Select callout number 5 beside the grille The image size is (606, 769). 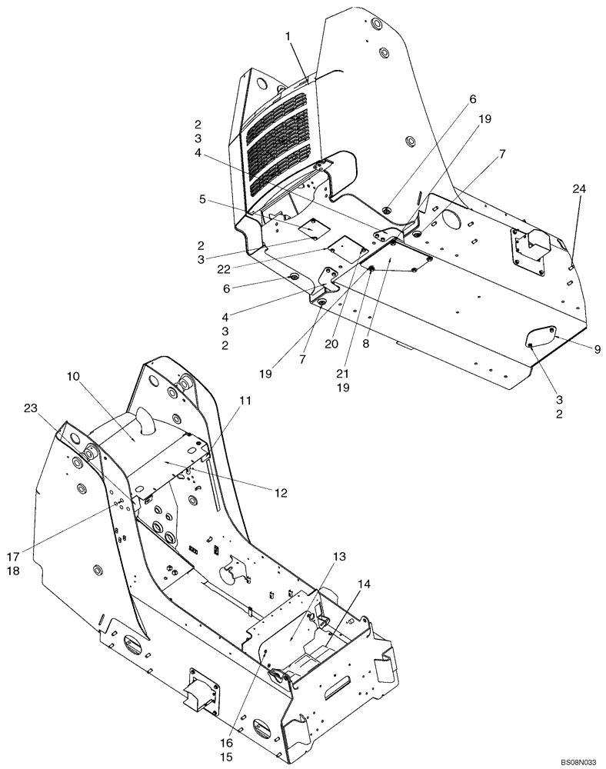pos(201,199)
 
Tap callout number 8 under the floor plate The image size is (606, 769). pos(366,344)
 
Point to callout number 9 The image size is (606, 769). pos(597,348)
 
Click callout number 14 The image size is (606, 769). pos(363,584)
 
